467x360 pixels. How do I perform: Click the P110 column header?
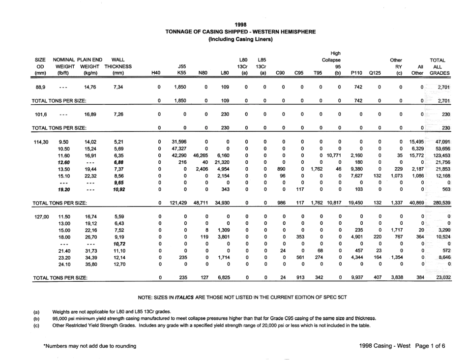coord(356,73)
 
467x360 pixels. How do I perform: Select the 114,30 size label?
coord(41,141)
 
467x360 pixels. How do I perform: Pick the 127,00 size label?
coord(41,216)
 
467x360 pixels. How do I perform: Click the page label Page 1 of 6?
coord(429,346)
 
